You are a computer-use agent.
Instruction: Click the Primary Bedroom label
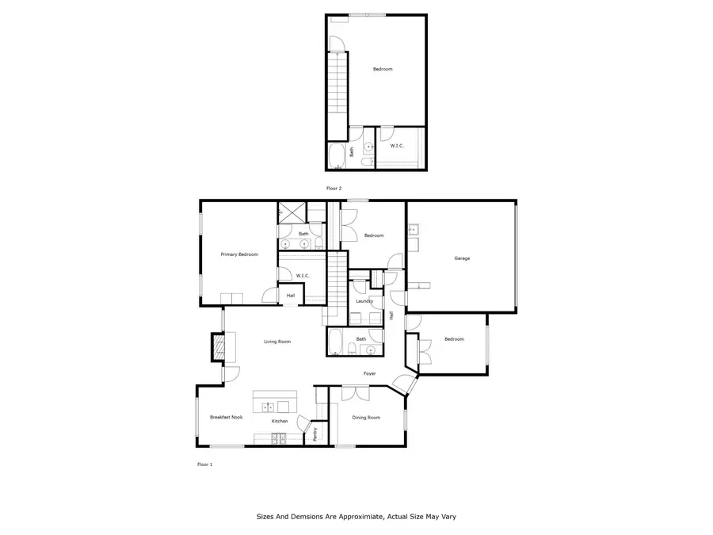click(239, 254)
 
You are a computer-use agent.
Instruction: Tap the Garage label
click(462, 258)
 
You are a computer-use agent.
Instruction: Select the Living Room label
click(277, 342)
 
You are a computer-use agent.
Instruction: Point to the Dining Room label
click(366, 418)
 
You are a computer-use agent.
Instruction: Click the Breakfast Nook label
click(226, 417)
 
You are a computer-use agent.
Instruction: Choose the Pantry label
click(315, 434)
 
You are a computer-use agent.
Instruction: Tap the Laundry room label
click(364, 301)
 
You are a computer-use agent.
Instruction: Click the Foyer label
click(369, 373)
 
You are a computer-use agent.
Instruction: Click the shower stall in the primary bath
click(289, 212)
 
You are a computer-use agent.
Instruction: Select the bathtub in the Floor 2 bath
click(336, 155)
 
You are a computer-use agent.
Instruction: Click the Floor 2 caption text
click(334, 188)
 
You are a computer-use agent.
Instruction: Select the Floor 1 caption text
click(204, 464)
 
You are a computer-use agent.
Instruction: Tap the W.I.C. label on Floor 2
click(398, 145)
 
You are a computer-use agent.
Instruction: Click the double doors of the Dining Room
click(356, 392)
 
